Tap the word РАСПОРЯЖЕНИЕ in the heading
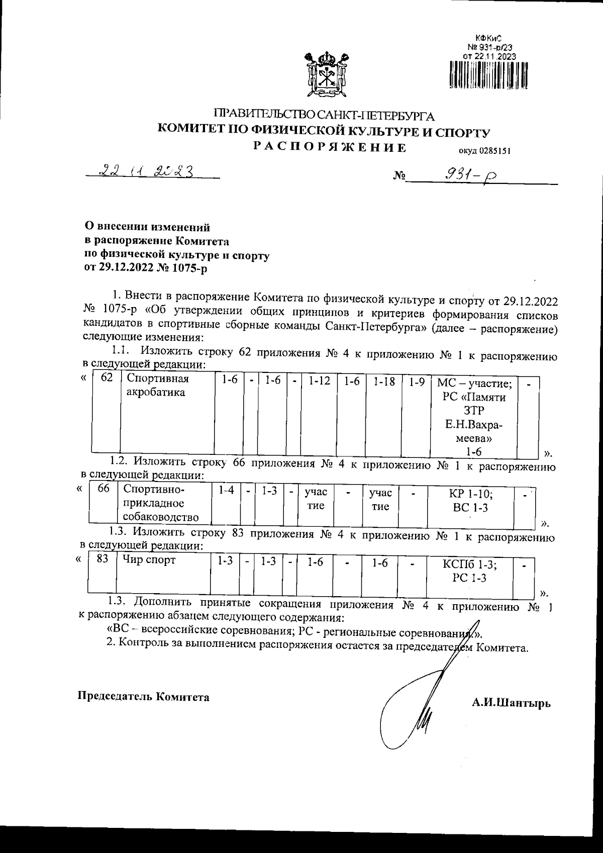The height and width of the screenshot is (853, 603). click(x=329, y=147)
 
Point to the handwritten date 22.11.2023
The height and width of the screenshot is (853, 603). click(x=147, y=171)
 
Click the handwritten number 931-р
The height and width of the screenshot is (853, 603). click(x=468, y=175)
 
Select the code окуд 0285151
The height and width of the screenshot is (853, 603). click(x=483, y=150)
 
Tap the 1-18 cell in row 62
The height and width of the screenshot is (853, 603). click(x=383, y=382)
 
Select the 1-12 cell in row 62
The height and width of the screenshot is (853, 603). click(x=319, y=382)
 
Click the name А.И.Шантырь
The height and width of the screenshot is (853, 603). click(x=511, y=703)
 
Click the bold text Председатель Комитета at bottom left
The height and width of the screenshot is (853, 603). click(x=143, y=697)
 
